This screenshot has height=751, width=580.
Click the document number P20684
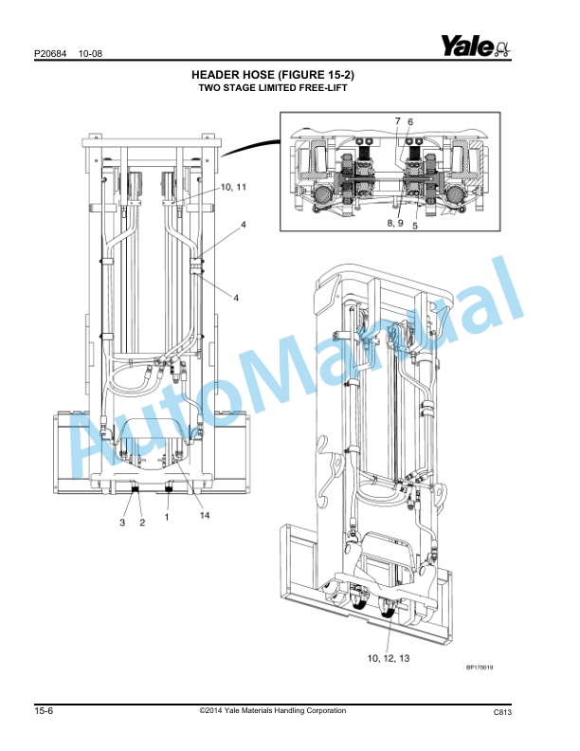[x=49, y=53]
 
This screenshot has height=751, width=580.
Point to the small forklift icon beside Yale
[x=501, y=47]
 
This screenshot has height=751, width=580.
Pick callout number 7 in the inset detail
[x=397, y=122]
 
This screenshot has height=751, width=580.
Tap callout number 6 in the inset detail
[x=410, y=122]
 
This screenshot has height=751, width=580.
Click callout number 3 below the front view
[x=121, y=522]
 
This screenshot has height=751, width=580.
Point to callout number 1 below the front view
[x=167, y=519]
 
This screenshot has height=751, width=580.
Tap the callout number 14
[x=204, y=515]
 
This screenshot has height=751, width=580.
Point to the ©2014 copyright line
[x=273, y=711]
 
